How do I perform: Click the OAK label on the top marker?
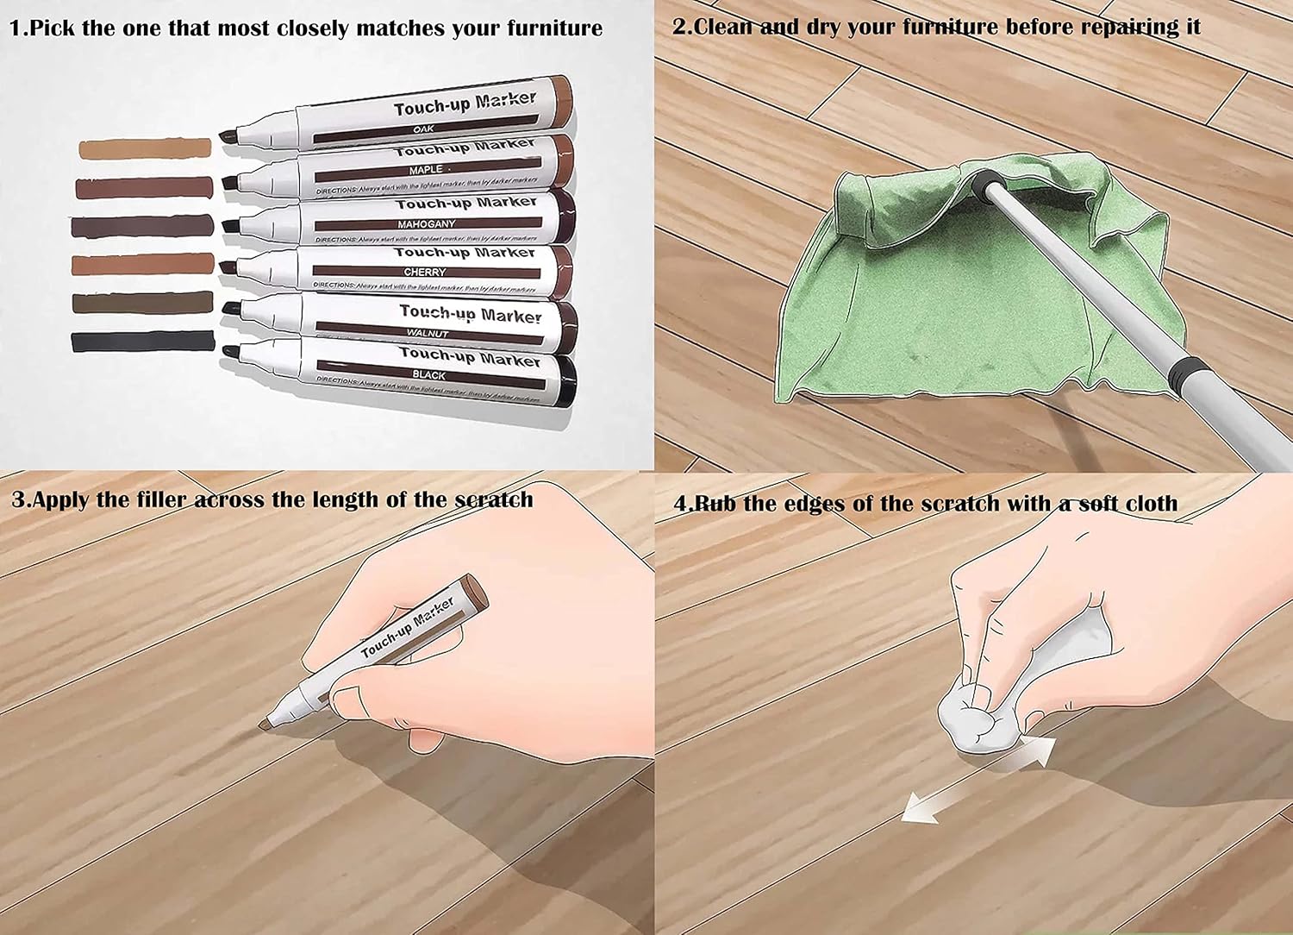pyautogui.click(x=423, y=129)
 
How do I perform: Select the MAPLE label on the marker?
pyautogui.click(x=426, y=170)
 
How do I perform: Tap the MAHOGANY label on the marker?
pyautogui.click(x=426, y=224)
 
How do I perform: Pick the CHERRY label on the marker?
pyautogui.click(x=425, y=273)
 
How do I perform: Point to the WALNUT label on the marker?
pyautogui.click(x=428, y=333)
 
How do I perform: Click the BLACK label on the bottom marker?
pyautogui.click(x=428, y=375)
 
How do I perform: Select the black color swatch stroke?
pyautogui.click(x=142, y=341)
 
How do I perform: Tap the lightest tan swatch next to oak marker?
pyautogui.click(x=144, y=148)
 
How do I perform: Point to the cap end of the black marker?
pyautogui.click(x=565, y=381)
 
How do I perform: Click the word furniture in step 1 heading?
pyautogui.click(x=553, y=28)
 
